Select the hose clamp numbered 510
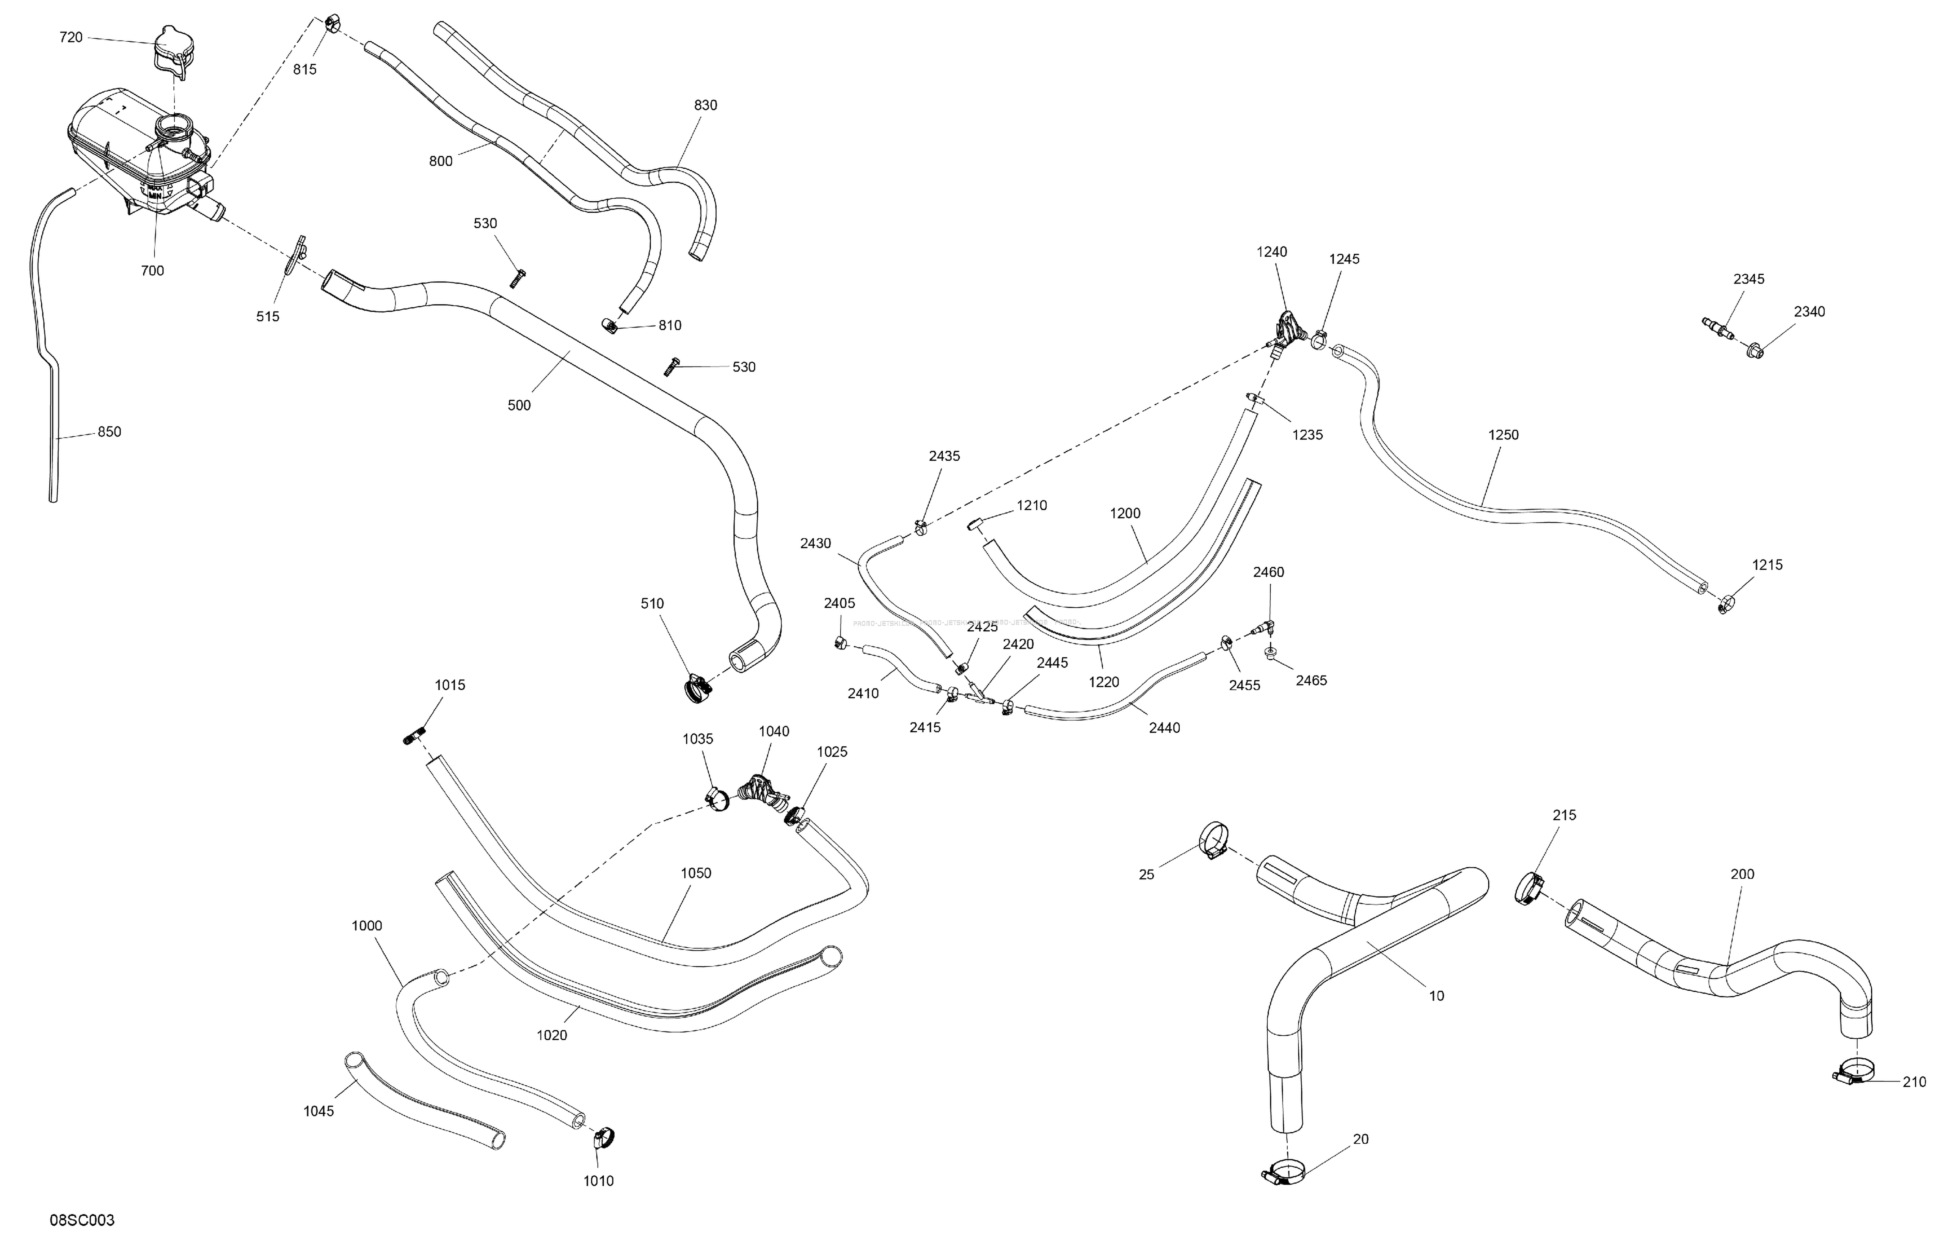tap(698, 690)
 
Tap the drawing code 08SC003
tap(82, 1221)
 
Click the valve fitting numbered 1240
tap(1286, 331)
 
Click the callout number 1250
tap(1503, 435)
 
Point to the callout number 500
tap(519, 406)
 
